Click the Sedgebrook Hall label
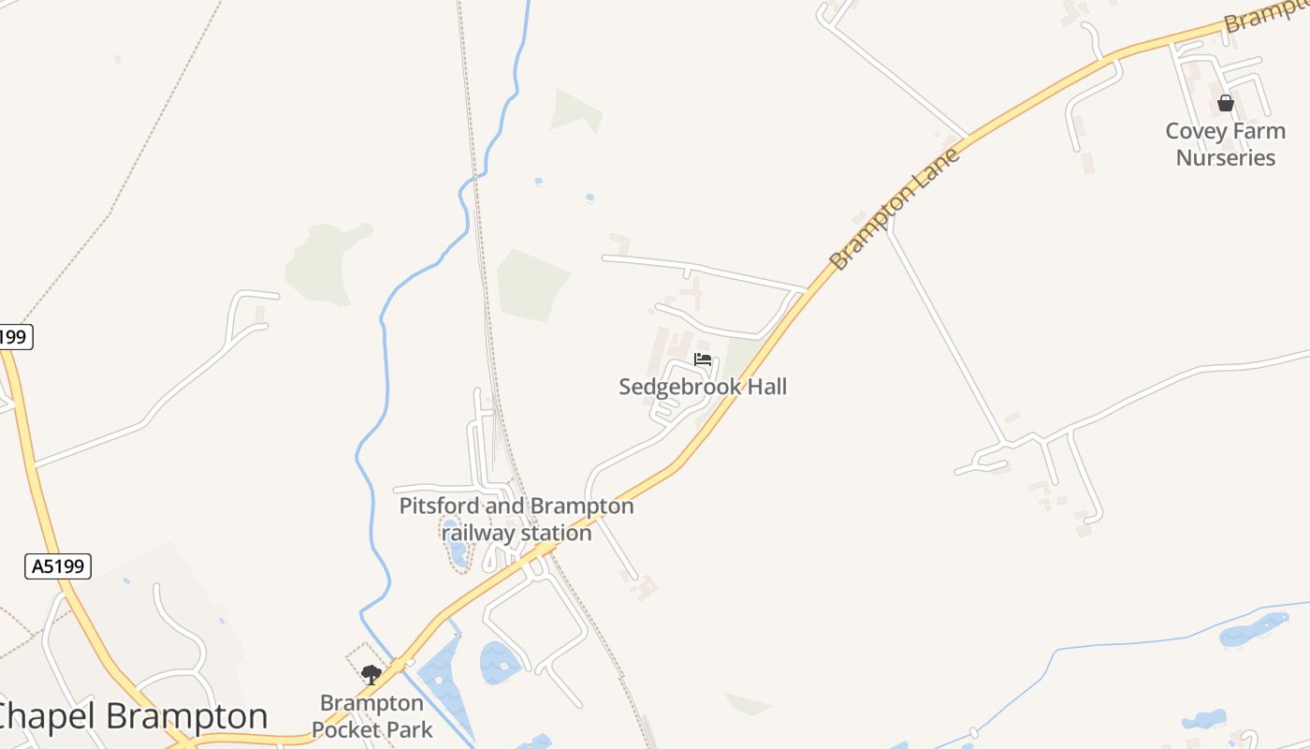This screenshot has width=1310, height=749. (x=703, y=387)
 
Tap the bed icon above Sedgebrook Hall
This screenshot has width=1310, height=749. (x=703, y=360)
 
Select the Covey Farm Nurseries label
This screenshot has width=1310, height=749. (x=1225, y=144)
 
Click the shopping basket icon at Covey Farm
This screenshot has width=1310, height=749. (x=1225, y=103)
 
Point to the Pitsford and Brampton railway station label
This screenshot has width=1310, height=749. (x=517, y=520)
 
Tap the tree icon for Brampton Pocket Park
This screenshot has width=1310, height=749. (x=371, y=674)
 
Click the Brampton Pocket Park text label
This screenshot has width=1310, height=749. (x=371, y=716)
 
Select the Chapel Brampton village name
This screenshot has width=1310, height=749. (x=131, y=716)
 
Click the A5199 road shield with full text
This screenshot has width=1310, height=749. (x=58, y=565)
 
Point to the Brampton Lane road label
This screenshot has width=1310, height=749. (x=895, y=209)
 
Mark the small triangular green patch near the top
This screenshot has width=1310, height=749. (x=575, y=110)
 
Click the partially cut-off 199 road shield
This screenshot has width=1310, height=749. (x=15, y=336)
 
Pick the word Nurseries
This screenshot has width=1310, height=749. (x=1225, y=157)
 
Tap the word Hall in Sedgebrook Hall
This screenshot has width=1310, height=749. (x=764, y=387)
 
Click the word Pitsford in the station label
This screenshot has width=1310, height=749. (x=439, y=507)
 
